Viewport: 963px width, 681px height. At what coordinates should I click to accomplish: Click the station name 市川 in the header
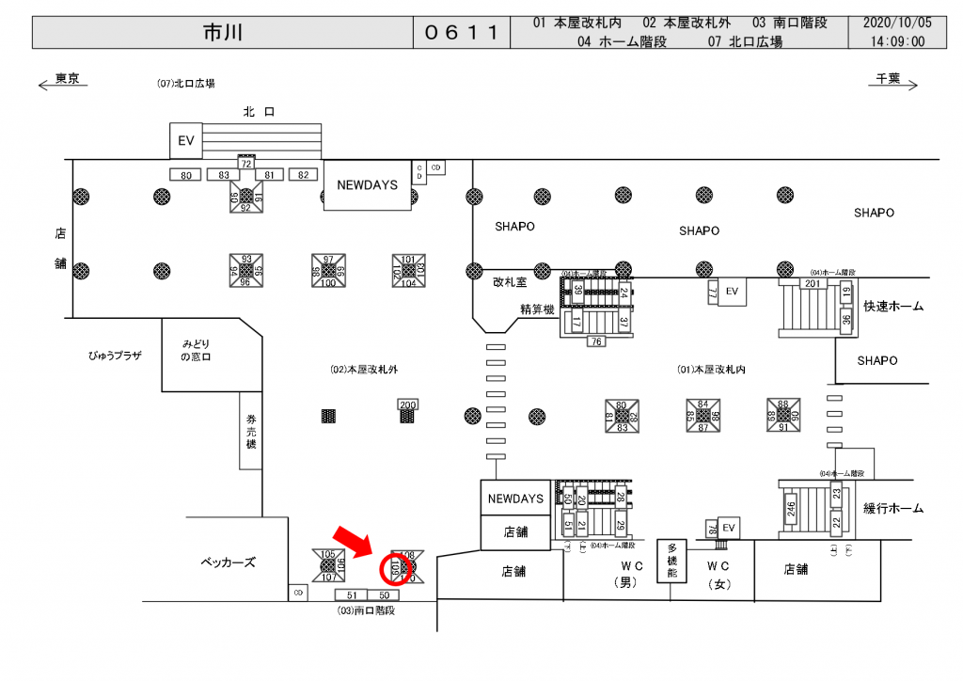coord(223,32)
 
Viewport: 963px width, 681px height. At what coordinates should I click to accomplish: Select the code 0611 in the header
coord(461,32)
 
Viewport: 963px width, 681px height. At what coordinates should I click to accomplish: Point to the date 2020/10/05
coord(897,23)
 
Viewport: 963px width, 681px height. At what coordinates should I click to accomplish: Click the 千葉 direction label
coord(889,79)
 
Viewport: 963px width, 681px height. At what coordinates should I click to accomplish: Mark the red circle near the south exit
coord(394,568)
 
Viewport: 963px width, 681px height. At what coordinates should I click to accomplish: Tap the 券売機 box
coord(251,431)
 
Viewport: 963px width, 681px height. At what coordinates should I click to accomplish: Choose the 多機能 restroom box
coord(672,562)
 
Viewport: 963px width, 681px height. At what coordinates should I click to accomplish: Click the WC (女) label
coord(718,574)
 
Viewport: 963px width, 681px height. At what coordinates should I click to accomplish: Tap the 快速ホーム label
coord(892,307)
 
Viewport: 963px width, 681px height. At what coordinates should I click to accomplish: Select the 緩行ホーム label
coord(892,508)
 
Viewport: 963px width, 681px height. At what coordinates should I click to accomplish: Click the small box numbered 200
coord(407,404)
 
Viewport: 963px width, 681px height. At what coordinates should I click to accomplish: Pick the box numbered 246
coord(792,510)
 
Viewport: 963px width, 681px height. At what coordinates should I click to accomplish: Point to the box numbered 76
coord(596,342)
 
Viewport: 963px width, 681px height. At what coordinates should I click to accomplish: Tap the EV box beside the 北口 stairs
coord(185,140)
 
